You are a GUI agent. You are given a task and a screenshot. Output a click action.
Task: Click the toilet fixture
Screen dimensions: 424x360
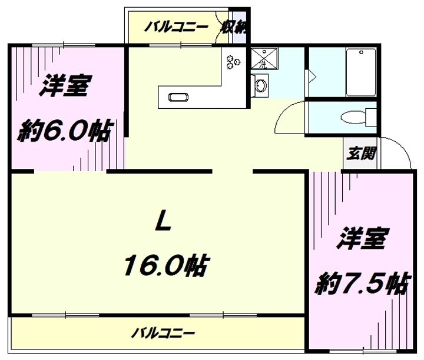tap(359, 118)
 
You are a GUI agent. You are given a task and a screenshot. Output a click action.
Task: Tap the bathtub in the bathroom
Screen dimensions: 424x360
tap(361, 72)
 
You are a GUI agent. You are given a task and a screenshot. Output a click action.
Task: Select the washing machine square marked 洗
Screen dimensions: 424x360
tap(264, 59)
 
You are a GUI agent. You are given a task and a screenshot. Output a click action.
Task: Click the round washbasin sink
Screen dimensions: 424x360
tap(261, 85)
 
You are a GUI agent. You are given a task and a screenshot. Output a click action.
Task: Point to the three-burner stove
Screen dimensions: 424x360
tap(233, 62)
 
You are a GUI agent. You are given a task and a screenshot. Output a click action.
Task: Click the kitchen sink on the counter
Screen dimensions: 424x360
tap(178, 97)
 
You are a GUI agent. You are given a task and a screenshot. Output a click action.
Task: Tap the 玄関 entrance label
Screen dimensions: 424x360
tap(361, 153)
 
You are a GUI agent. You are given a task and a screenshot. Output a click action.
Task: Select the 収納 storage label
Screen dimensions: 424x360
tap(234, 26)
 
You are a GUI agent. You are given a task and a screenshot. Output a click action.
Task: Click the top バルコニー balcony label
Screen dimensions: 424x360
tap(176, 27)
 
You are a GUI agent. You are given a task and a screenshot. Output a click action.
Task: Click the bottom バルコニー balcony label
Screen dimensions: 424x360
tap(163, 333)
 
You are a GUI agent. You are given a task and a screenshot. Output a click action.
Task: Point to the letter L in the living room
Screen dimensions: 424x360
tap(163, 221)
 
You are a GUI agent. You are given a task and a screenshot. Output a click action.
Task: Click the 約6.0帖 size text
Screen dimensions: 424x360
tap(65, 131)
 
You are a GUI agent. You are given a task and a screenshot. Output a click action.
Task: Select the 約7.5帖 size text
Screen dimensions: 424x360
tap(363, 284)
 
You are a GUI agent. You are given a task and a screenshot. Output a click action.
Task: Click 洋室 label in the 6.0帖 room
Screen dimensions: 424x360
tap(65, 86)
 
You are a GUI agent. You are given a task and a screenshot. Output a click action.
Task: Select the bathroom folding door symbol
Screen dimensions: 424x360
tap(310, 77)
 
